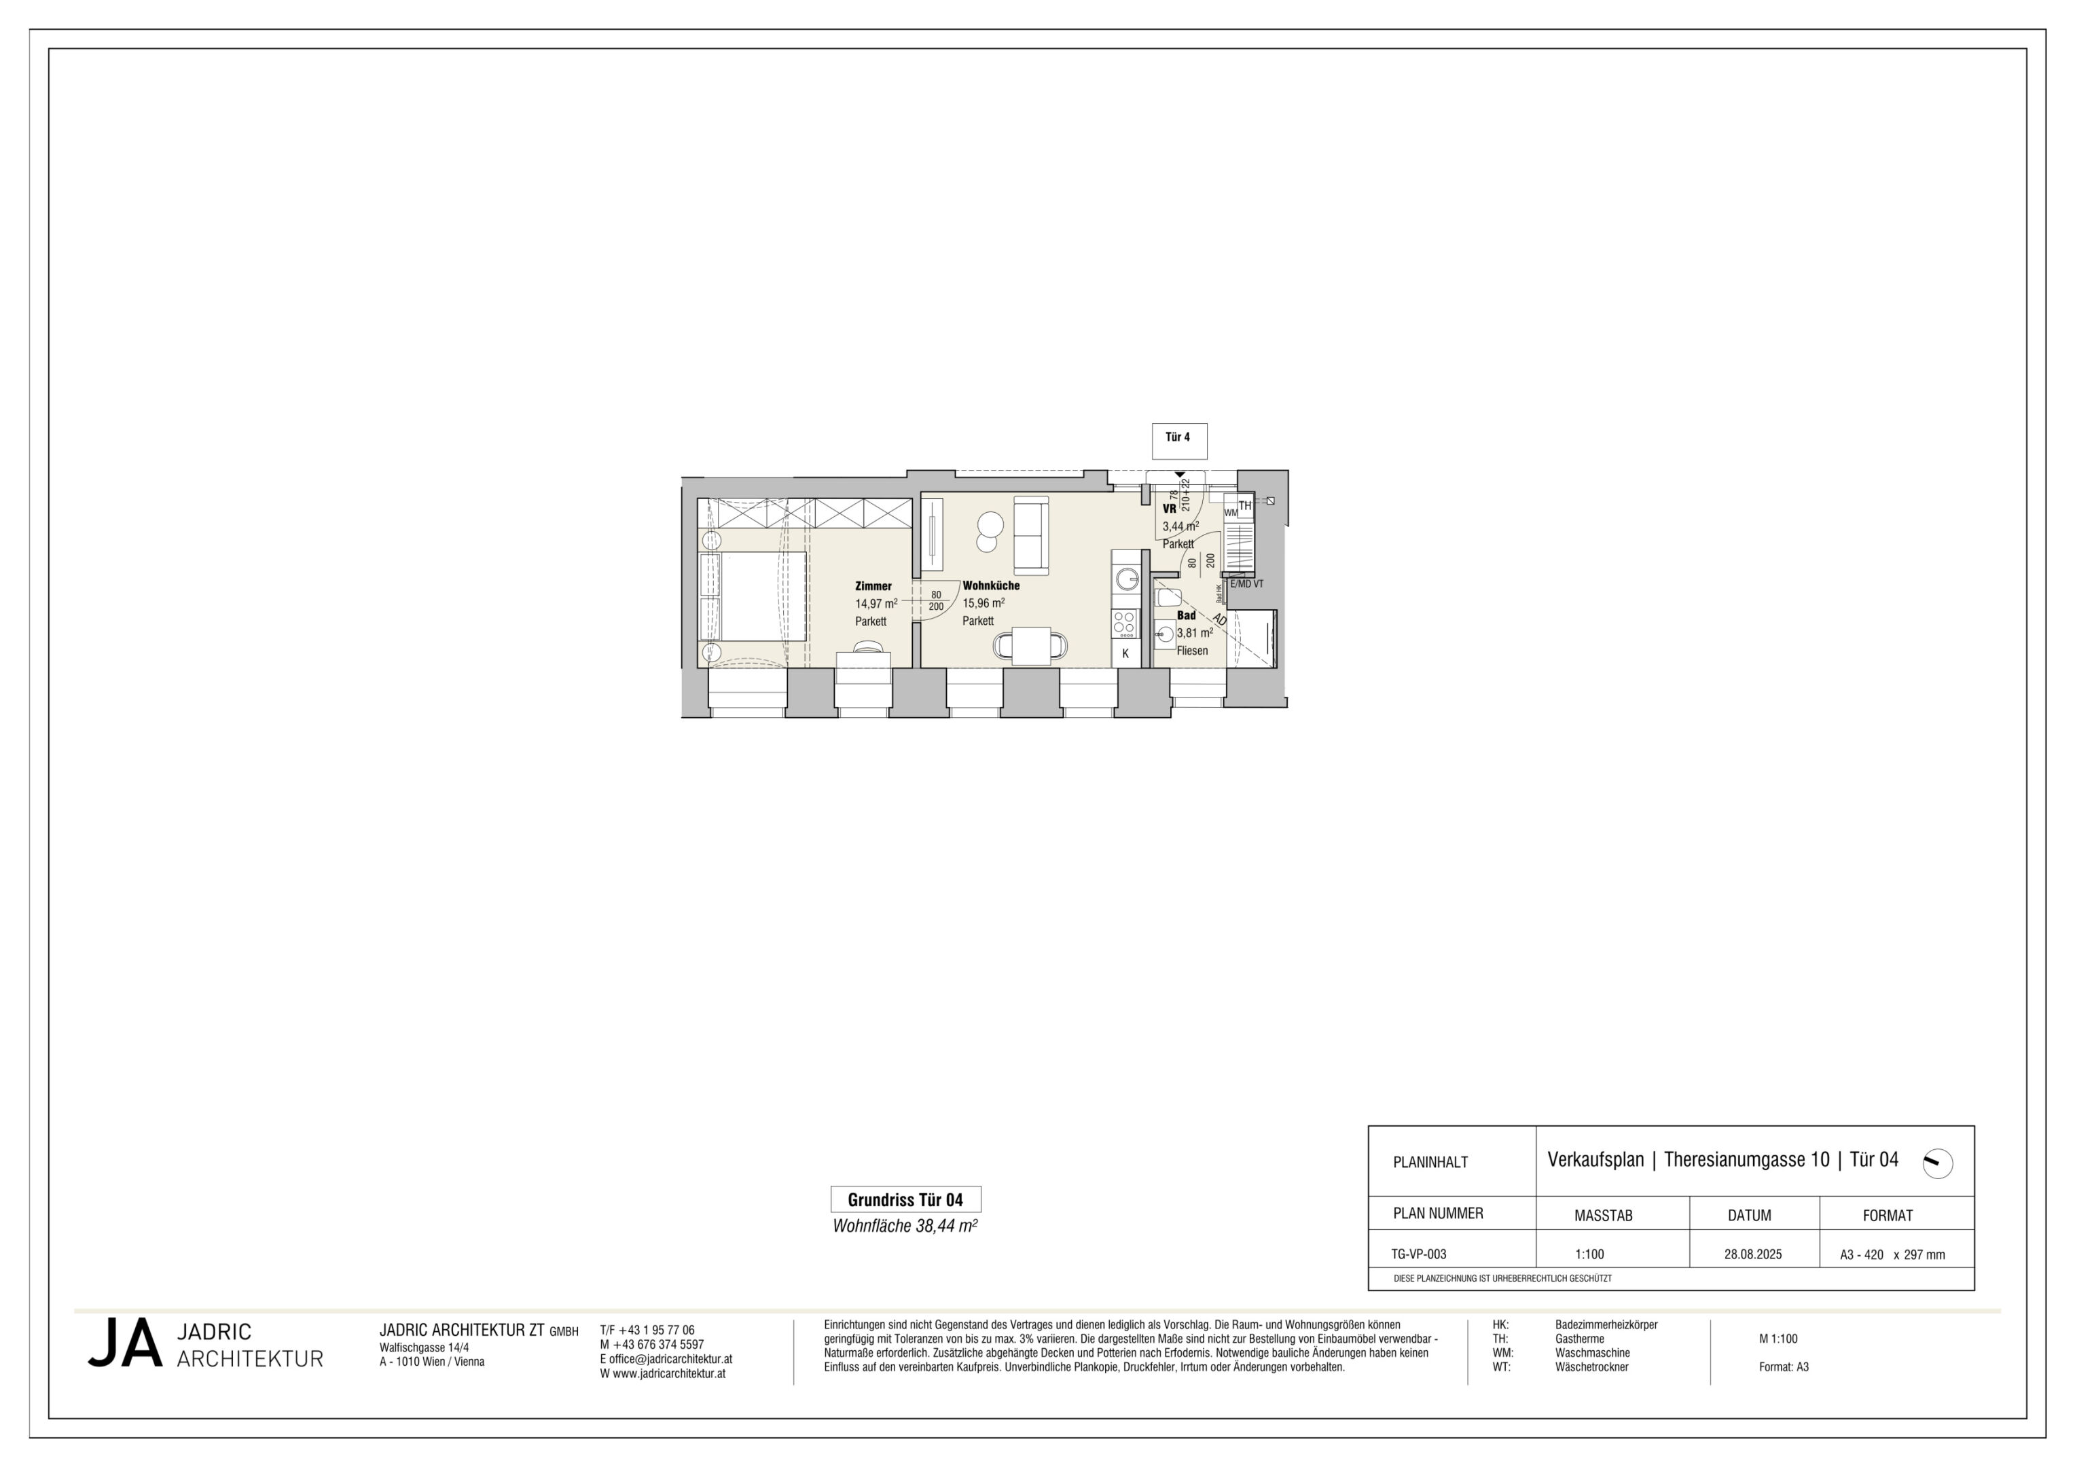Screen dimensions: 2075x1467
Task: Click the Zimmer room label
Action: click(x=873, y=585)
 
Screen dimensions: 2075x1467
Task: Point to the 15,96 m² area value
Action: click(x=984, y=603)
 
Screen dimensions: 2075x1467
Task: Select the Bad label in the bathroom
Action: click(x=1186, y=615)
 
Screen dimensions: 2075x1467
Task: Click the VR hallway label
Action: click(x=1170, y=509)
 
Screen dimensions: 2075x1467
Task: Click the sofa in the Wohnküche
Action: click(x=1031, y=535)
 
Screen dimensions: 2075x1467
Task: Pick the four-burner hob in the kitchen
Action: click(x=1125, y=623)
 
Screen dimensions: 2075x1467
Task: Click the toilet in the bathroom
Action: click(x=1168, y=598)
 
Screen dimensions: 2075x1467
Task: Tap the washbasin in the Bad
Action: click(x=1165, y=634)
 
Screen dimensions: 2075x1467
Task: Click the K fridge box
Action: click(x=1125, y=653)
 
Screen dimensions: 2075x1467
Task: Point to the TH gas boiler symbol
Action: click(x=1244, y=506)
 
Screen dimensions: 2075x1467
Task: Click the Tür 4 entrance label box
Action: click(x=1178, y=441)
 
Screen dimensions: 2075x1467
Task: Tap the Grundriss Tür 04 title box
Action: click(x=905, y=1199)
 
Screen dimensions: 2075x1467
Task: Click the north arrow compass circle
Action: click(x=1938, y=1163)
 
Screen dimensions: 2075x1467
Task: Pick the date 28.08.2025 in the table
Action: click(x=1753, y=1254)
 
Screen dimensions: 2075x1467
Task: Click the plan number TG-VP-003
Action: click(x=1419, y=1254)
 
